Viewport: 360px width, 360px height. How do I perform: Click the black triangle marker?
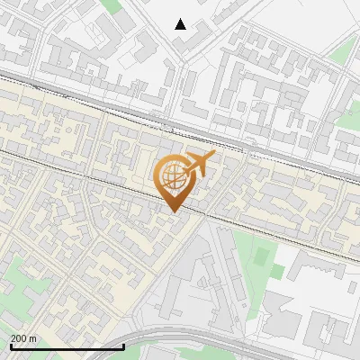180,24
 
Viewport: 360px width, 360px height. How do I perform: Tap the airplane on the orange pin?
200,163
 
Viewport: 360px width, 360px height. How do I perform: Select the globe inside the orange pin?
173,178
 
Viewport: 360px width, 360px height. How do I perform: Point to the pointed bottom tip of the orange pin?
173,211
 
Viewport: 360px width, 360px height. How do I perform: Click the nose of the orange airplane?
214,156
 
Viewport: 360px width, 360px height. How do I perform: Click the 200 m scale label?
23,338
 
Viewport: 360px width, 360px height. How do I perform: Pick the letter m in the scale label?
33,338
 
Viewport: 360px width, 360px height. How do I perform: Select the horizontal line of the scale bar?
67,346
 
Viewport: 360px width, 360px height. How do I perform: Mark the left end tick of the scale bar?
11,346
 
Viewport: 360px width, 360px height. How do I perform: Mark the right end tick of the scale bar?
123,346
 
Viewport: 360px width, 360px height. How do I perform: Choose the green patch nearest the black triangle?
112,4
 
